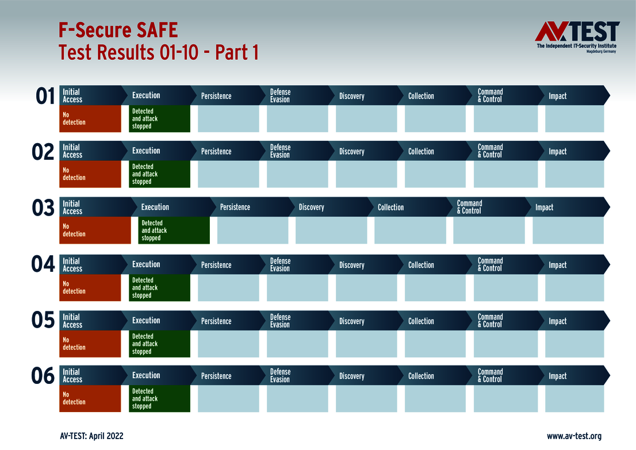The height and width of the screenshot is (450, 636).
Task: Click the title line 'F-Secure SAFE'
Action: tap(118, 30)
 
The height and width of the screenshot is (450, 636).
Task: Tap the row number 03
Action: tap(43, 208)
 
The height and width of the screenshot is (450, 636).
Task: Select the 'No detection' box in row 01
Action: tap(90, 118)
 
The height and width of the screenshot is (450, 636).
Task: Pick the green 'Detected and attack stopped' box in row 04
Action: tap(159, 287)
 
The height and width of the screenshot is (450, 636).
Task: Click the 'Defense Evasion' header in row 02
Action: tap(281, 151)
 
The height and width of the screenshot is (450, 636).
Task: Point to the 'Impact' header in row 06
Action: tap(557, 376)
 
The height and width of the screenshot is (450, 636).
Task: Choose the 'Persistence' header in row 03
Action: tap(235, 207)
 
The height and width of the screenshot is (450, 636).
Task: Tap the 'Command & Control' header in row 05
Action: tap(490, 321)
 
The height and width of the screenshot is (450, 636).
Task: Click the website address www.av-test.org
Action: tap(574, 436)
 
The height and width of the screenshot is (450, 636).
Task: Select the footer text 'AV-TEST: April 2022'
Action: tap(91, 436)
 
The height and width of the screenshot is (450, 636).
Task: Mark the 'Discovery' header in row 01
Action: tap(351, 96)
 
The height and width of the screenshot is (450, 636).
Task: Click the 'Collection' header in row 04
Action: tap(421, 265)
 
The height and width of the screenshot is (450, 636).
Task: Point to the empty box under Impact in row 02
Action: tap(574, 174)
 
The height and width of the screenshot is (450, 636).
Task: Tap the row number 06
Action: tap(43, 376)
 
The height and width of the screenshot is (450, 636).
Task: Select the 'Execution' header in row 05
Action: tap(146, 321)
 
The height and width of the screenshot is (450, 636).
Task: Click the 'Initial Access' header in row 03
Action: tap(72, 207)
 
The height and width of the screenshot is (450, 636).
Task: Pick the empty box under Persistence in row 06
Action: tap(228, 398)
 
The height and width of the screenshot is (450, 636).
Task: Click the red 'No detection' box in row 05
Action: tap(90, 344)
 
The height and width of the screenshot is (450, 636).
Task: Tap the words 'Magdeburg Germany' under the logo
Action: tap(600, 52)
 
